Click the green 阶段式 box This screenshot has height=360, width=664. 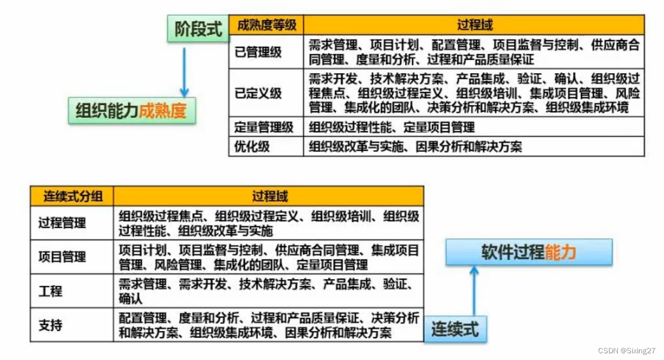tap(199, 29)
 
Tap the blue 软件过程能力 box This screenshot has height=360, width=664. tap(528, 252)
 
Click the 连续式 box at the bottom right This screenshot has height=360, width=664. tap(455, 329)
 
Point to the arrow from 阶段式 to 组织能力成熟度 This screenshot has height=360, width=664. tap(184, 70)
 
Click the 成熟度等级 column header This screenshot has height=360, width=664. tap(266, 25)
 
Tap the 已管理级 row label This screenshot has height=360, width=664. tap(258, 52)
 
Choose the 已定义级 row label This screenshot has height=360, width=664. tap(258, 93)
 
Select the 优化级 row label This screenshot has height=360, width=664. tap(252, 147)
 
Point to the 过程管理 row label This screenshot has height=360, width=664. tap(62, 223)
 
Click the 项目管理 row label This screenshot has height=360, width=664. tap(62, 257)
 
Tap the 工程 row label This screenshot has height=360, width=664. tap(50, 291)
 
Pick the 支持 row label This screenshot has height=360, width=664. tap(50, 325)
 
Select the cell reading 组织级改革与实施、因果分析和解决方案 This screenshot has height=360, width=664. tap(415, 147)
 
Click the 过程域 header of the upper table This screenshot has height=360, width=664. tap(474, 25)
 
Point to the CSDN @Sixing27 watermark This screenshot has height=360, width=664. tap(627, 351)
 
